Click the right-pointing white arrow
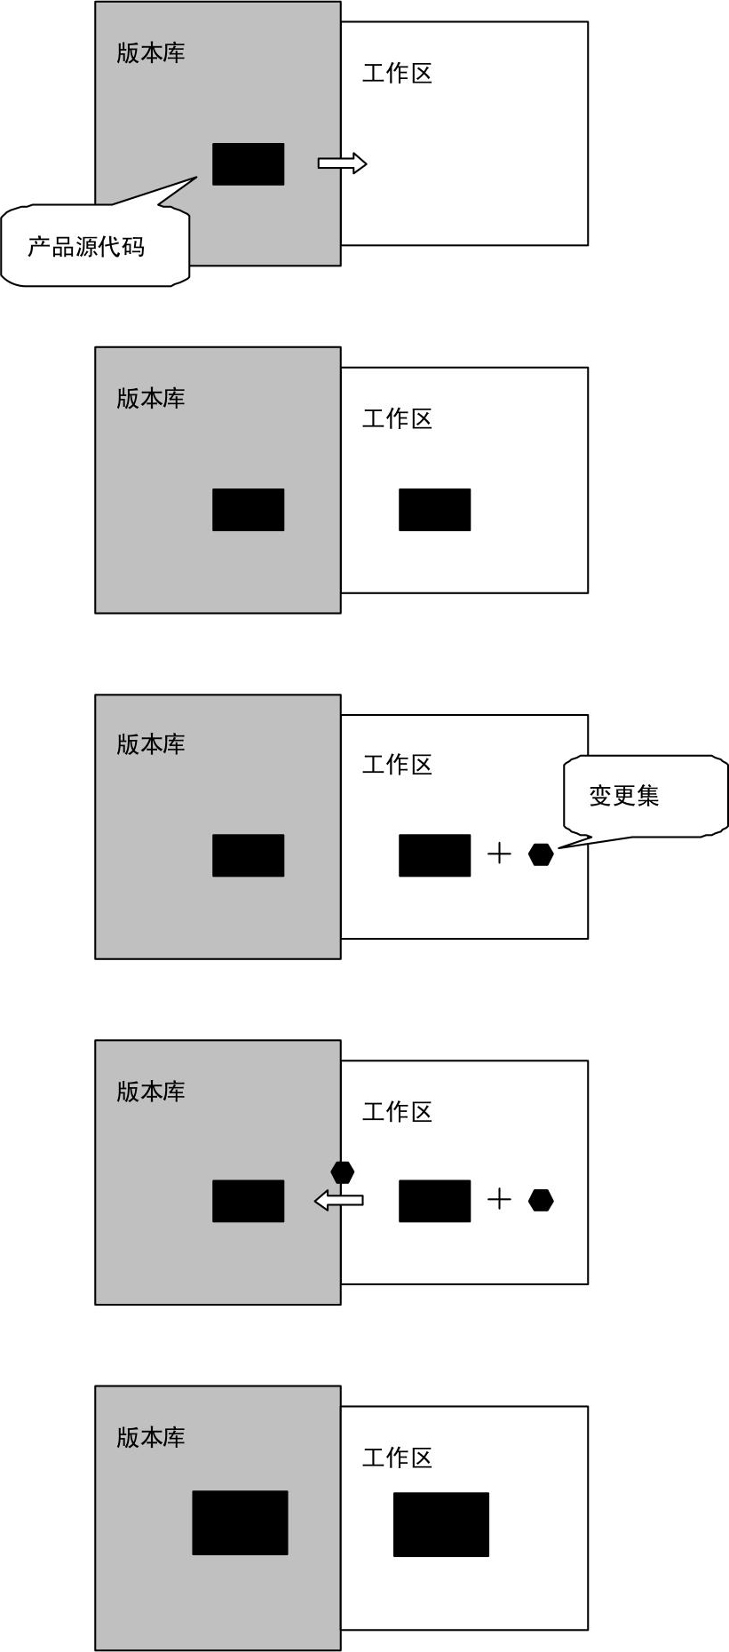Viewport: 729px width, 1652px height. pyautogui.click(x=342, y=163)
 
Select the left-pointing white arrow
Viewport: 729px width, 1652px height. pyautogui.click(x=338, y=1201)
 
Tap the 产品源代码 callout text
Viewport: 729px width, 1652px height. pyautogui.click(x=86, y=247)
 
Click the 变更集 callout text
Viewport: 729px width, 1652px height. pyautogui.click(x=624, y=795)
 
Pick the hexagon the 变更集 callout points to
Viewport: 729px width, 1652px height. pyautogui.click(x=541, y=854)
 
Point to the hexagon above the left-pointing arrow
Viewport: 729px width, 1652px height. pyautogui.click(x=343, y=1171)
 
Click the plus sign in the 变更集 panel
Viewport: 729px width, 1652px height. pyautogui.click(x=500, y=854)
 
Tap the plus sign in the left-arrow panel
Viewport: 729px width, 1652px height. pyautogui.click(x=500, y=1200)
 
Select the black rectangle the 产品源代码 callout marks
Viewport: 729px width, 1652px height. pyautogui.click(x=249, y=164)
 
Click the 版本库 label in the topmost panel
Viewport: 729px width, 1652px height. pyautogui.click(x=151, y=52)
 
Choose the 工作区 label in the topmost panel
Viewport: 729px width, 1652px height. pyautogui.click(x=397, y=73)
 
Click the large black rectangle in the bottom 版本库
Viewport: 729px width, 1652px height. pyautogui.click(x=241, y=1522)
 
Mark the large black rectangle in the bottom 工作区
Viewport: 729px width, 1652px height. pyautogui.click(x=441, y=1524)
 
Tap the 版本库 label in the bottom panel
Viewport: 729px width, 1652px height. pyautogui.click(x=151, y=1437)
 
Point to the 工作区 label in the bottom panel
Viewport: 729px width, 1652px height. pyautogui.click(x=397, y=1457)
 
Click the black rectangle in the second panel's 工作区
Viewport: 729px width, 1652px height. pyautogui.click(x=435, y=510)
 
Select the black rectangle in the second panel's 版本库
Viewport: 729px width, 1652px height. pyautogui.click(x=249, y=510)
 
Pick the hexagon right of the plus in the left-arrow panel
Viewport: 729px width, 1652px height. pyautogui.click(x=541, y=1200)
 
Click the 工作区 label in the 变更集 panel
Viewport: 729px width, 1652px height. pyautogui.click(x=397, y=765)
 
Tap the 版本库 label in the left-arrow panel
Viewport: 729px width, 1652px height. pyautogui.click(x=151, y=1091)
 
